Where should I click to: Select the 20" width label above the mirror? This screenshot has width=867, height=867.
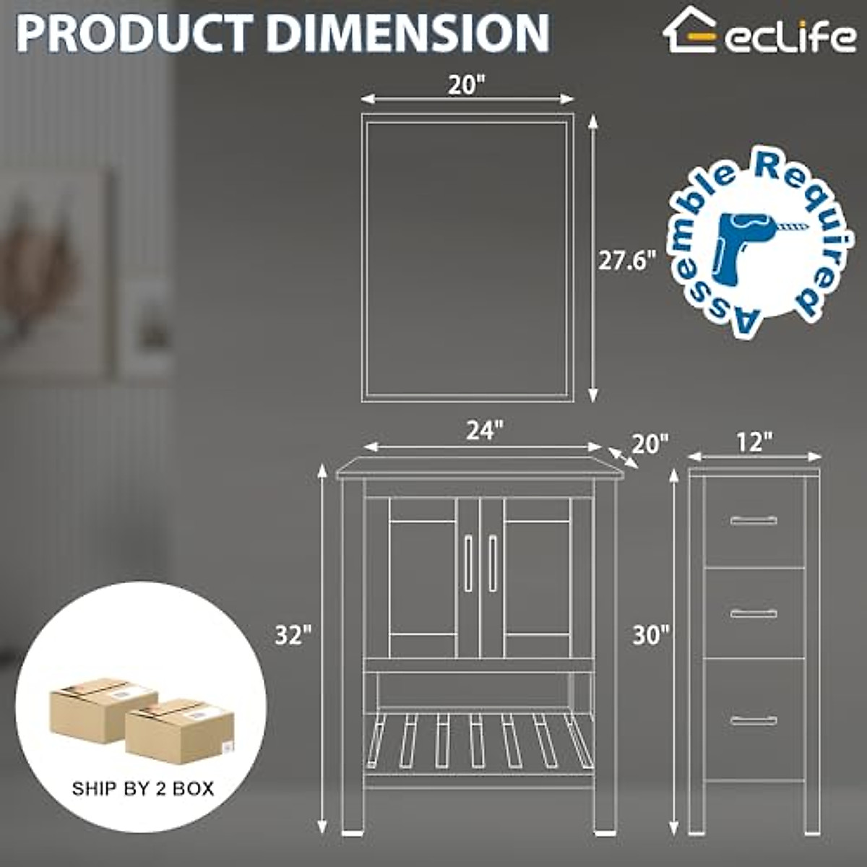[x=465, y=85]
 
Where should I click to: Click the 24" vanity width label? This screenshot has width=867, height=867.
[x=483, y=431]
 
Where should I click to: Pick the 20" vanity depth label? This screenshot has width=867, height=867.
[x=650, y=444]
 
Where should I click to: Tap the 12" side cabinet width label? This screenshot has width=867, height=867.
[x=755, y=442]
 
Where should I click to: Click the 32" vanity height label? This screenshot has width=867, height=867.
[x=293, y=635]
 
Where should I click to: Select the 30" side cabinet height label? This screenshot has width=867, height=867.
[x=651, y=635]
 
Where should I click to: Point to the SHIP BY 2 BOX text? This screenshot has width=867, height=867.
[x=143, y=788]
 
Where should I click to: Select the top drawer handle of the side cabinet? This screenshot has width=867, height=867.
[x=754, y=520]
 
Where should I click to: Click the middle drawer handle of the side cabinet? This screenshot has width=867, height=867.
[x=754, y=613]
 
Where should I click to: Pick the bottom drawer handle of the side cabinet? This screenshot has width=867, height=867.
[x=754, y=720]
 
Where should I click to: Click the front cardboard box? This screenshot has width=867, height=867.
[x=180, y=730]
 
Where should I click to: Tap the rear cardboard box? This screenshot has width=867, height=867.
[x=103, y=707]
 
